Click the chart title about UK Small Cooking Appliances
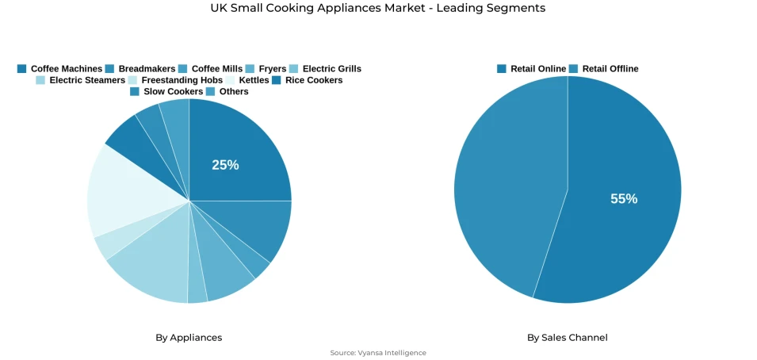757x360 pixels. tap(378, 8)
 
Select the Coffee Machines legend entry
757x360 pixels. tap(59, 69)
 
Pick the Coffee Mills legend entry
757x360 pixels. tap(210, 69)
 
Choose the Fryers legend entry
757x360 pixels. tap(266, 69)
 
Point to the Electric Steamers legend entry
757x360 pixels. tap(80, 80)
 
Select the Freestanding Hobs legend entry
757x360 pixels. tap(175, 80)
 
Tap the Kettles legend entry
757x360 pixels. tap(247, 80)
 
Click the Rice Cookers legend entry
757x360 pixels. tap(308, 80)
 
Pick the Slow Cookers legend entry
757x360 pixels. tap(166, 91)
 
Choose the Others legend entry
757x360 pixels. tap(227, 91)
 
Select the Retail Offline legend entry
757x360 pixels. tap(603, 69)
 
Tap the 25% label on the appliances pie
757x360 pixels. tap(225, 165)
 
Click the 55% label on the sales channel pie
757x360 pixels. tap(624, 199)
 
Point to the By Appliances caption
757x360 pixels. tap(189, 338)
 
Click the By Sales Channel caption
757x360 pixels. tap(568, 338)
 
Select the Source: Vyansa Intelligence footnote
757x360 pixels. tap(378, 353)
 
